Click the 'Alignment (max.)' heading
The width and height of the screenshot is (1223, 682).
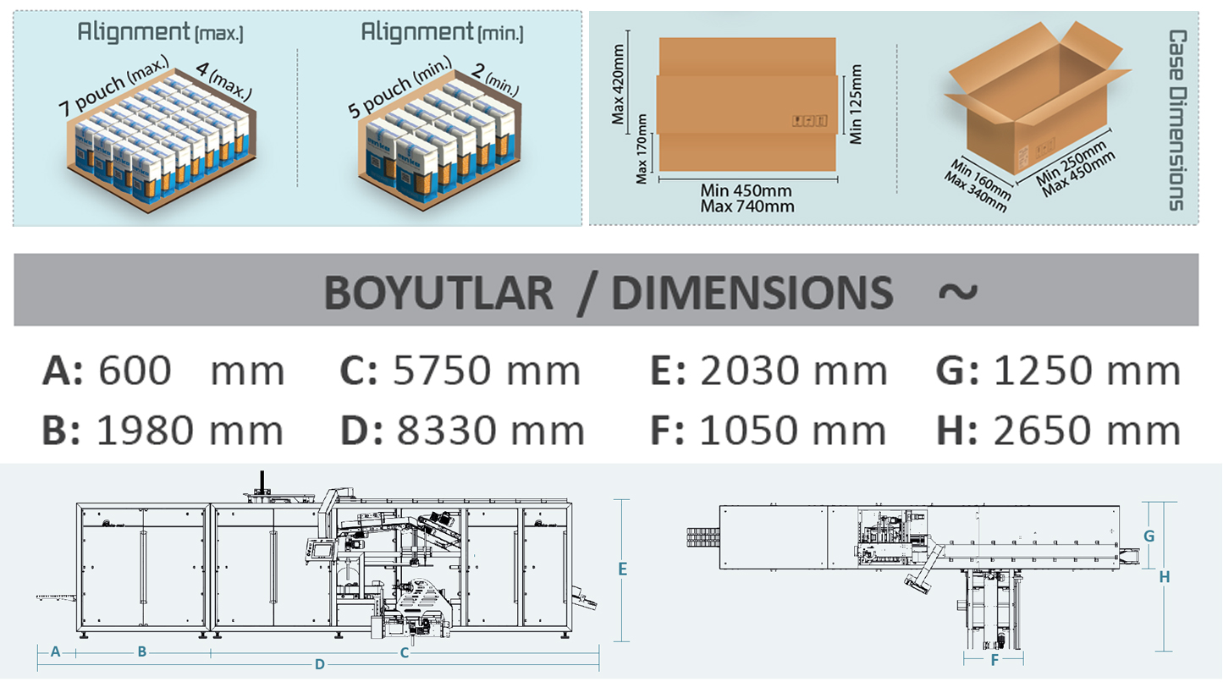click(160, 32)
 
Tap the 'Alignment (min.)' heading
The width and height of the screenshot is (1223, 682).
click(442, 32)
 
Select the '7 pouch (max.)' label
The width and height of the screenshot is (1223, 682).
click(113, 85)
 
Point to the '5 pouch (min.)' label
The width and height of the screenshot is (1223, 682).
click(399, 87)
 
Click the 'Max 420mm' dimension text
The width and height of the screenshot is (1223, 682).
click(618, 85)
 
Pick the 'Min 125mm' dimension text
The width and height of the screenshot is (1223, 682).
click(856, 104)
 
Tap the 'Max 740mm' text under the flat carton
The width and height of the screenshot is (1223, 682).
click(746, 206)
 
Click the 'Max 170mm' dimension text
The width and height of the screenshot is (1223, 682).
click(642, 149)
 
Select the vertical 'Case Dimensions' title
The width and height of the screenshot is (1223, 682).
click(1177, 119)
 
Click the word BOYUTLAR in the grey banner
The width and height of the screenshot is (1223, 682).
click(438, 292)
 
